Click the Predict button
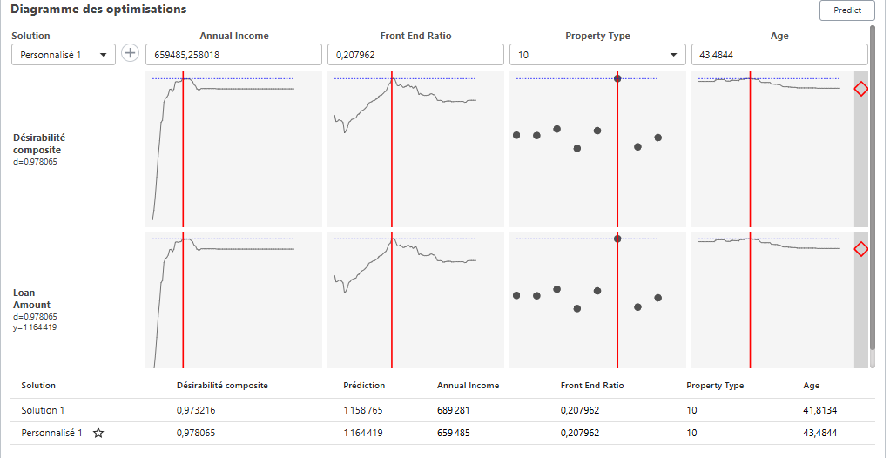pos(846,10)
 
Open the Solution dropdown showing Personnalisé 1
pos(63,55)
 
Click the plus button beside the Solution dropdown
pos(131,54)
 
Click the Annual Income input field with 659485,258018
pos(233,55)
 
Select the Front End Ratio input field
pos(415,55)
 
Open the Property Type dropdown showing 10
pos(597,55)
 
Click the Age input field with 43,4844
pos(779,55)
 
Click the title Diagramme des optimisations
pos(98,10)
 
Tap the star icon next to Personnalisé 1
pos(98,433)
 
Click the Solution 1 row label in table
pos(43,410)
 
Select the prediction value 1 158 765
pos(364,410)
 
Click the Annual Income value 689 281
pos(454,410)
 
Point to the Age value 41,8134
pos(820,410)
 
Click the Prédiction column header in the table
pos(364,385)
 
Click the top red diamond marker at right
pos(860,89)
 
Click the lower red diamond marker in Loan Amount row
pos(860,250)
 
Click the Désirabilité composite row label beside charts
pos(39,144)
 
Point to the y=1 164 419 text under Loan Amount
pos(35,327)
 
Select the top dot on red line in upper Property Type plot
pos(617,78)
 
